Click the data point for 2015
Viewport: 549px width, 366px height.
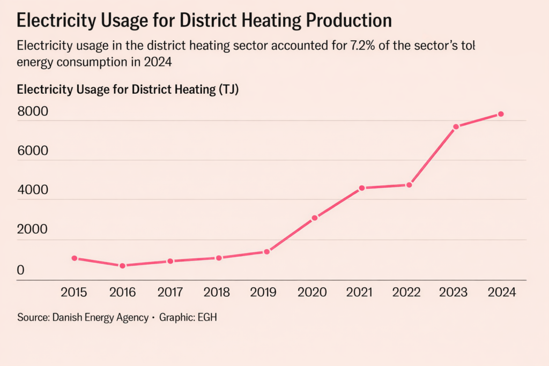(75, 258)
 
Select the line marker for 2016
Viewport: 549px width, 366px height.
(122, 266)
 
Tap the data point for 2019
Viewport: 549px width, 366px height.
(266, 251)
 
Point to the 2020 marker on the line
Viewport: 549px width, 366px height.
(315, 218)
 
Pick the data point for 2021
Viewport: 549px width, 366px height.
(362, 188)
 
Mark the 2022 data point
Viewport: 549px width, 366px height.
(410, 185)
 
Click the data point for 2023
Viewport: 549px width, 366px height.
(456, 127)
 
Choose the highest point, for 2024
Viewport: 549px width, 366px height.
(501, 114)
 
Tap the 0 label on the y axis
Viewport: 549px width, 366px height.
(21, 271)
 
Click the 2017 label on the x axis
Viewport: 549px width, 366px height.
(170, 293)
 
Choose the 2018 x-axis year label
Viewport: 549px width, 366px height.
(217, 293)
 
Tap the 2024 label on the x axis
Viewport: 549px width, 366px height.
(502, 293)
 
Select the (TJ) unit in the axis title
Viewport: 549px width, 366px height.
(228, 89)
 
